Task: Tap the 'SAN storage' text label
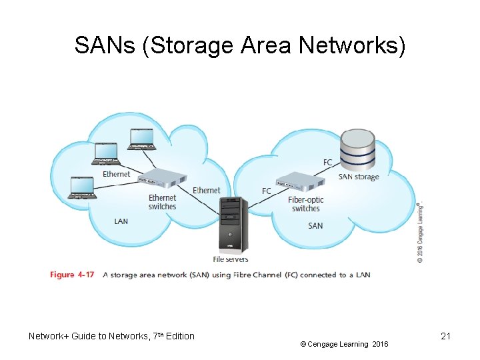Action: click(358, 177)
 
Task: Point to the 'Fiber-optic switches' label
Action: click(306, 204)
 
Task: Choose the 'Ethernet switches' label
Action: click(162, 202)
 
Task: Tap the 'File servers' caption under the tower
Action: click(231, 260)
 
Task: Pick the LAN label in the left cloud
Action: click(121, 221)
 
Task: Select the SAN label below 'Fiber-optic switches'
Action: click(315, 225)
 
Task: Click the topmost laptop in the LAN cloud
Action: click(143, 139)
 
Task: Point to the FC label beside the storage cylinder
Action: click(327, 162)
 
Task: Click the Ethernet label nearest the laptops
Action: click(117, 174)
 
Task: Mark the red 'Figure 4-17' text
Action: click(72, 275)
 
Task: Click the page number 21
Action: click(446, 336)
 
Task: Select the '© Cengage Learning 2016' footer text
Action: click(343, 344)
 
